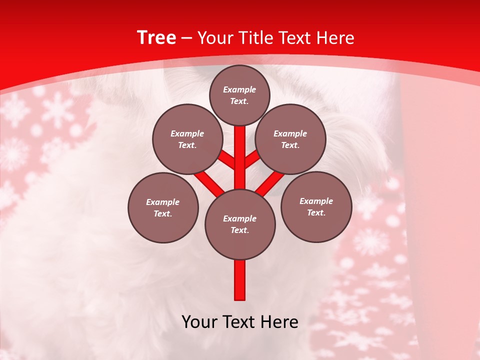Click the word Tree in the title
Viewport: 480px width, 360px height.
point(156,37)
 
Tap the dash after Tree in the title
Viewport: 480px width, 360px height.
point(187,38)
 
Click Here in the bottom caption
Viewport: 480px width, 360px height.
point(278,322)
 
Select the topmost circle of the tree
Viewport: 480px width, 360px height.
point(239,95)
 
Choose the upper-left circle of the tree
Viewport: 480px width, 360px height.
point(187,139)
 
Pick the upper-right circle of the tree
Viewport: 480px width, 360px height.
point(290,139)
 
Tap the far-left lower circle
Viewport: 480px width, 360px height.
point(163,207)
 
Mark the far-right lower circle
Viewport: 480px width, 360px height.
point(316,206)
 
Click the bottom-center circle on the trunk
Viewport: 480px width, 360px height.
point(240,224)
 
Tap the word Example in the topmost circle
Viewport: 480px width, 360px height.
point(239,90)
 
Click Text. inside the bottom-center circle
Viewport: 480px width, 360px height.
point(239,230)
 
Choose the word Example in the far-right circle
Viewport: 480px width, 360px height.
point(316,201)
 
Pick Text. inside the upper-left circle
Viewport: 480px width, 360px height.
point(187,145)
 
